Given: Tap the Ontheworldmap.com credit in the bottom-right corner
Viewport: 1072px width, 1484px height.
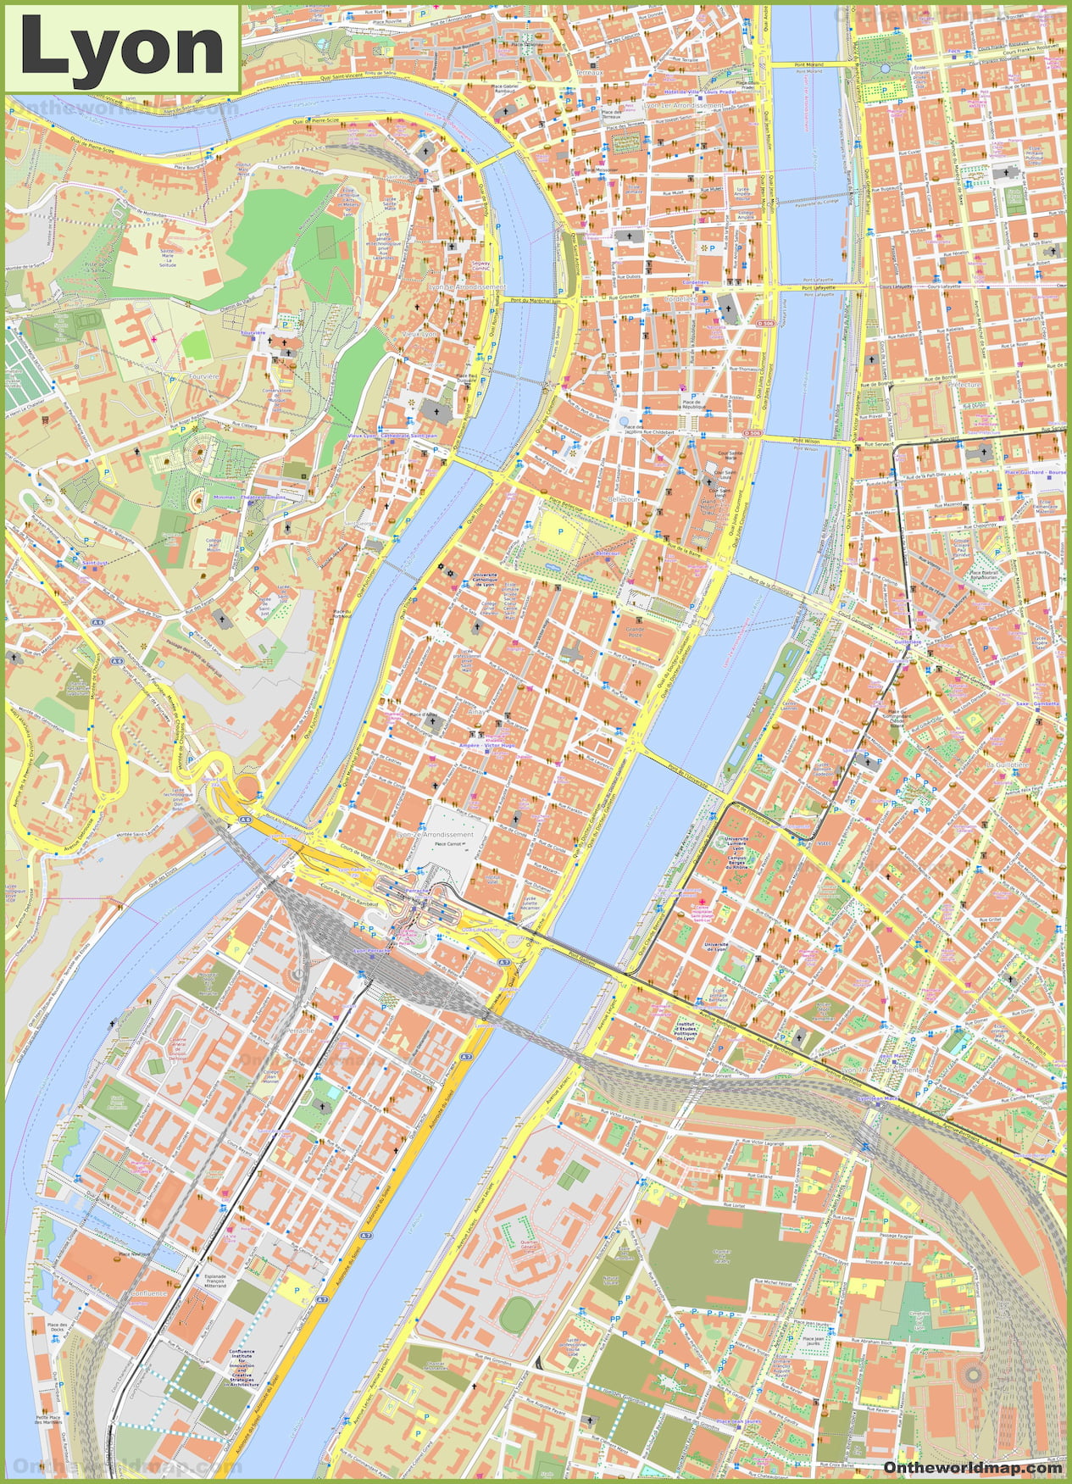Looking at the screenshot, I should tap(972, 1467).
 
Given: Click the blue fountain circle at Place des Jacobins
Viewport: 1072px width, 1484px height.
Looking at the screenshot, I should tap(625, 421).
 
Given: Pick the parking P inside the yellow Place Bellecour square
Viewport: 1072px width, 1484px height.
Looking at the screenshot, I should tap(560, 531).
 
